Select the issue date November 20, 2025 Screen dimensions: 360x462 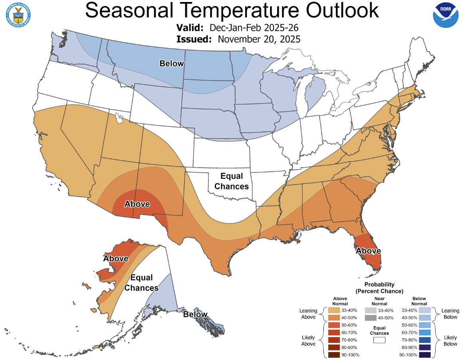[259, 39]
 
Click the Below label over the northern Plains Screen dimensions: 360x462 [172, 63]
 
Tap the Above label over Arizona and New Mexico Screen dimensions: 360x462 [137, 204]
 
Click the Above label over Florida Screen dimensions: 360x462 [368, 251]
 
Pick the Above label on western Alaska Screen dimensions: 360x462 [116, 258]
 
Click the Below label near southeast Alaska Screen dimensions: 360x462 [195, 314]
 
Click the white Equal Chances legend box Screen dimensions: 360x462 [379, 340]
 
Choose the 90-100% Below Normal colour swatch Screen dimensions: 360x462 [424, 355]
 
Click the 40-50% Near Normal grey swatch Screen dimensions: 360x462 [370, 318]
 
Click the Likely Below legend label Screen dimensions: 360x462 [450, 340]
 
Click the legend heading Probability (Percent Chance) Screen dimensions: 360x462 [379, 287]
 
